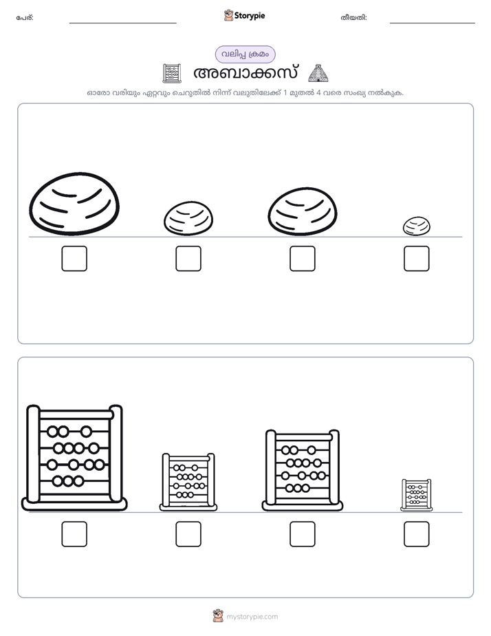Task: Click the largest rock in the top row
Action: [x=74, y=204]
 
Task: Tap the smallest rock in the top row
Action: [x=417, y=226]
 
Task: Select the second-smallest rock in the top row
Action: [x=188, y=219]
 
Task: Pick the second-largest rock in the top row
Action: [x=302, y=211]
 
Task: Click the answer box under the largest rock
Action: [x=74, y=258]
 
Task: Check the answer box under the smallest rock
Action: [x=417, y=258]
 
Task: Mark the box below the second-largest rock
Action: [x=302, y=258]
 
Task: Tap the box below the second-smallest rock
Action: [x=188, y=258]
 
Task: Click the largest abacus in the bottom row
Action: [x=74, y=458]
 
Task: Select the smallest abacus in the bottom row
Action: [x=417, y=495]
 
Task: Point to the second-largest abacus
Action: [x=302, y=470]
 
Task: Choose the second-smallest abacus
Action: [x=188, y=483]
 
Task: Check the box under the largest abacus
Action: [x=74, y=534]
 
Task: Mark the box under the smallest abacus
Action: [x=417, y=534]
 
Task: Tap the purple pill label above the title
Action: [x=245, y=54]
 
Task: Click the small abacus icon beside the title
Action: [x=171, y=73]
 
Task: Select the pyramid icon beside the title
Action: [x=318, y=73]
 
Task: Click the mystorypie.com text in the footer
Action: [x=252, y=617]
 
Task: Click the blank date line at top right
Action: [x=433, y=23]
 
